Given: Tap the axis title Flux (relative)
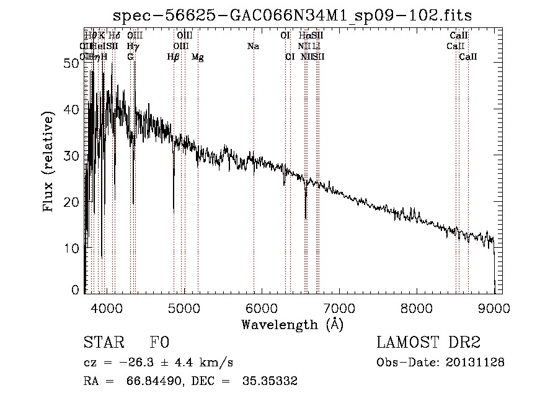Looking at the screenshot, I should pyautogui.click(x=49, y=161).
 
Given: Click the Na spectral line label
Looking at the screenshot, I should pyautogui.click(x=253, y=46).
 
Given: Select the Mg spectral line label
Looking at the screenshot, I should pyautogui.click(x=198, y=57).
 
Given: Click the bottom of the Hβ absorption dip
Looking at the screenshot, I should pyautogui.click(x=174, y=210).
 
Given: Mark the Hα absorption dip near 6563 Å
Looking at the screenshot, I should pyautogui.click(x=306, y=217).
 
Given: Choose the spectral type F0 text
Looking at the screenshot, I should pyautogui.click(x=159, y=343).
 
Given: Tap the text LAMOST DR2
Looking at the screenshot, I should pyautogui.click(x=428, y=343).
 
